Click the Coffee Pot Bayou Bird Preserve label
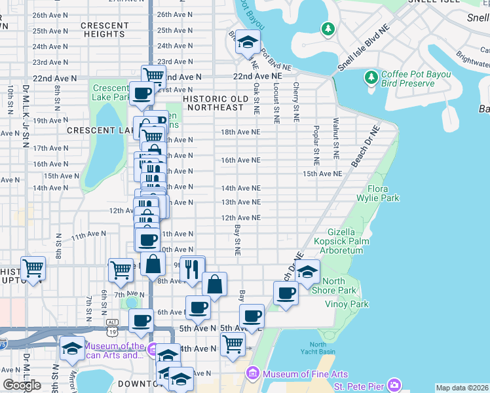click(x=416, y=79)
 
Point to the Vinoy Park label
click(x=347, y=304)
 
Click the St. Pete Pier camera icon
click(x=394, y=384)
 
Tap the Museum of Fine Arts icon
click(x=252, y=373)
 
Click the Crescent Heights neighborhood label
click(x=105, y=29)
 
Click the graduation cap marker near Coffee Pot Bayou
click(x=247, y=43)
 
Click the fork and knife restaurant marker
click(x=192, y=269)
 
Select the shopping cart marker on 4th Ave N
click(x=233, y=343)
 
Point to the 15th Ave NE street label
click(x=322, y=174)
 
